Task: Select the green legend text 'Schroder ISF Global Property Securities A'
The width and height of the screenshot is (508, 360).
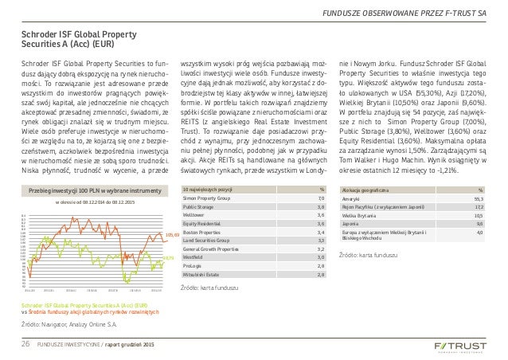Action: click(75, 306)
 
